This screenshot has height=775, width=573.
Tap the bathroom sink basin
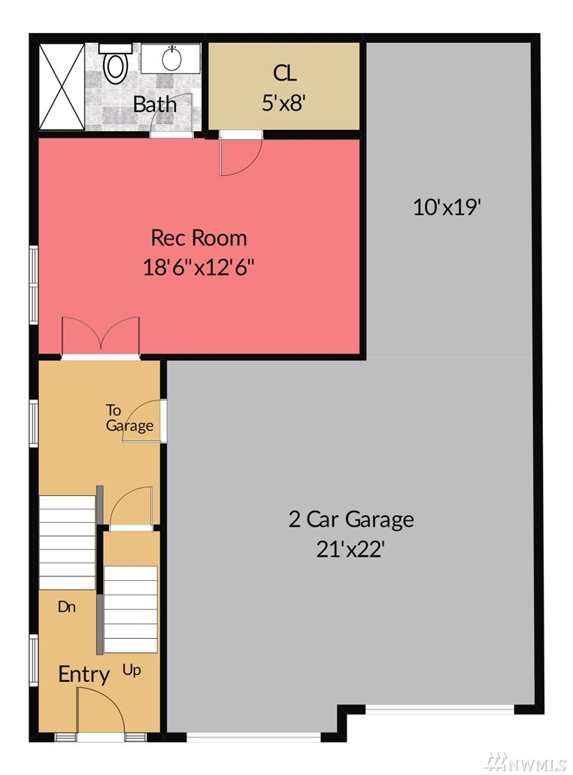(171, 59)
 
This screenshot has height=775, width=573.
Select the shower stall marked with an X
(62, 87)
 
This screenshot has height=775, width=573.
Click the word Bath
(155, 105)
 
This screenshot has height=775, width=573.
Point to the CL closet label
(284, 73)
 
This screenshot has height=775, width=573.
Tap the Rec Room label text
(199, 238)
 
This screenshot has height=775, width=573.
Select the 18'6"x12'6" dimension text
(199, 267)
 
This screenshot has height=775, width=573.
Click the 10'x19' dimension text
(447, 207)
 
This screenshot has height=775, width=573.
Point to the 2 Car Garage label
(351, 519)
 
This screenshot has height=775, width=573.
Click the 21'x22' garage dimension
(350, 549)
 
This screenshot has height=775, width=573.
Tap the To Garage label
(129, 418)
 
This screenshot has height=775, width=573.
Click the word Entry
(84, 674)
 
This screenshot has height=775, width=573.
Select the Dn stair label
(67, 606)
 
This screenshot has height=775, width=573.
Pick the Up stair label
(132, 670)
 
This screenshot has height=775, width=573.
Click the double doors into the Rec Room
(101, 336)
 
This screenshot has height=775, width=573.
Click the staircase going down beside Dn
(67, 542)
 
